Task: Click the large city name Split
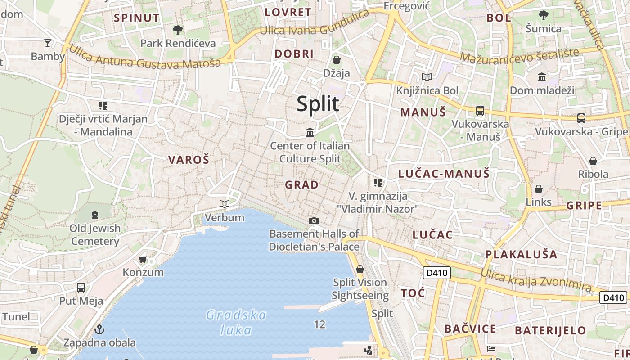pyautogui.click(x=318, y=103)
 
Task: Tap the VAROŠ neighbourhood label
pyautogui.click(x=189, y=159)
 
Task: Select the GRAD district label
pyautogui.click(x=301, y=184)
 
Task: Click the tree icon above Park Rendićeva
pyautogui.click(x=178, y=30)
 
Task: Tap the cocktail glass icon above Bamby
pyautogui.click(x=47, y=43)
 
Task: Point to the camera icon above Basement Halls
pyautogui.click(x=314, y=220)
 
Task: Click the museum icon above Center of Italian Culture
pyautogui.click(x=310, y=132)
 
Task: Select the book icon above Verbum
pyautogui.click(x=224, y=204)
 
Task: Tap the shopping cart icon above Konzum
pyautogui.click(x=143, y=259)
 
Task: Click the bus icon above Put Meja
pyautogui.click(x=81, y=287)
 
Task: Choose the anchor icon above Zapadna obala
pyautogui.click(x=99, y=329)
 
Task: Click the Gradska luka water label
pyautogui.click(x=236, y=322)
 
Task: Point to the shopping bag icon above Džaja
pyautogui.click(x=336, y=59)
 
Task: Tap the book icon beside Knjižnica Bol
pyautogui.click(x=427, y=77)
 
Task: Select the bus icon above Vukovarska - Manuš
pyautogui.click(x=480, y=110)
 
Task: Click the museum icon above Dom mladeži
pyautogui.click(x=542, y=77)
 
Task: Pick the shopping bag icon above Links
pyautogui.click(x=538, y=189)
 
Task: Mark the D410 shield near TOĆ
pyautogui.click(x=436, y=272)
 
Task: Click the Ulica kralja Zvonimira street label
pyautogui.click(x=536, y=279)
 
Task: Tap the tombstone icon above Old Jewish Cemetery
pyautogui.click(x=95, y=215)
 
